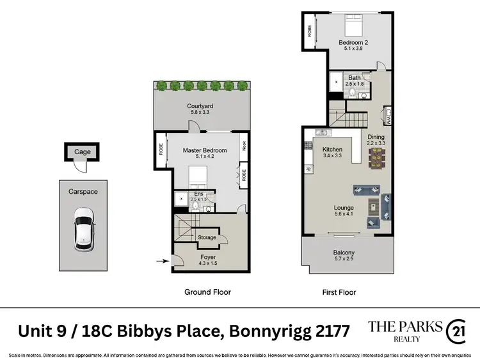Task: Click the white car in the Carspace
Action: tap(84, 229)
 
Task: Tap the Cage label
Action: tap(82, 152)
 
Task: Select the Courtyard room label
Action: tap(200, 109)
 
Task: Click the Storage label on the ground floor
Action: tap(207, 237)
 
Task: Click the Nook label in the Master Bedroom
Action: tap(243, 146)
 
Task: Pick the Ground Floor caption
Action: tap(207, 292)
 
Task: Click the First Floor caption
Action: tap(339, 292)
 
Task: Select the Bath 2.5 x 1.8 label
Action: tap(354, 81)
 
